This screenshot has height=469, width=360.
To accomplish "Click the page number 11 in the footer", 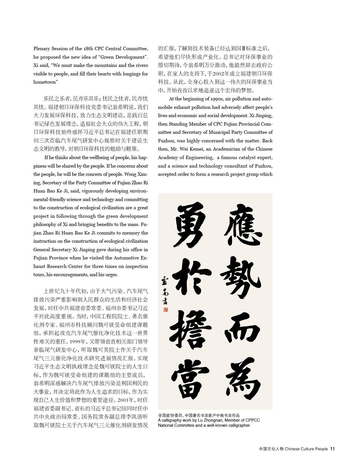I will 333,449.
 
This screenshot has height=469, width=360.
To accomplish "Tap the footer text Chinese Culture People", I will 306,449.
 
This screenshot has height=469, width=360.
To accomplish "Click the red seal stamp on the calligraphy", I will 166,309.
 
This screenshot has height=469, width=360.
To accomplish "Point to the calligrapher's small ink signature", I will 165,291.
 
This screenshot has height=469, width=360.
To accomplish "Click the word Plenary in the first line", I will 42,49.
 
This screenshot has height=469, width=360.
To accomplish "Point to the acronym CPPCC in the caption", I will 253,420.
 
